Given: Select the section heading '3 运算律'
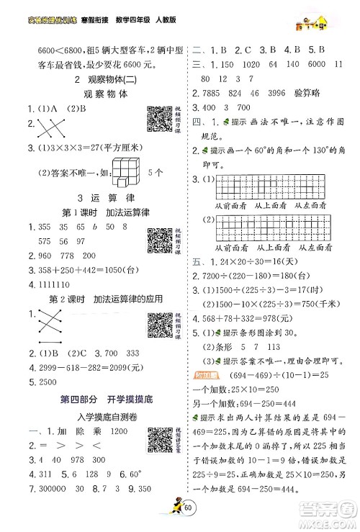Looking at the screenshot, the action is click(x=96, y=198).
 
